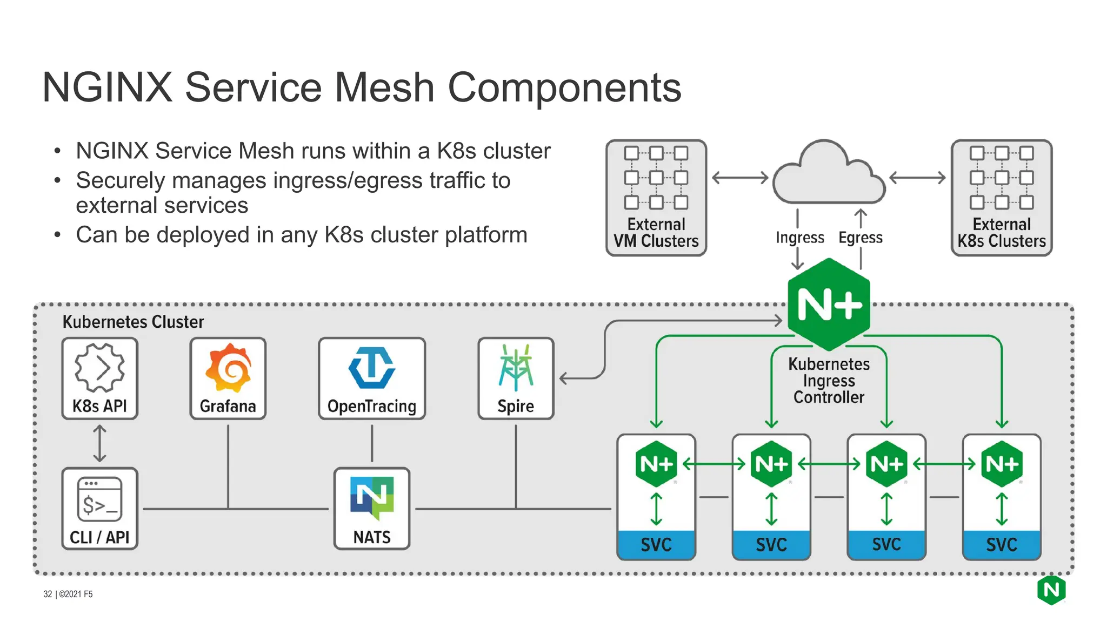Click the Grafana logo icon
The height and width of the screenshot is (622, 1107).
[x=228, y=367]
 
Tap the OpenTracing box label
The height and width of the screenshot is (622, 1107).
[x=372, y=406]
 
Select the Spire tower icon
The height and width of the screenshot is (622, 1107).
[x=516, y=367]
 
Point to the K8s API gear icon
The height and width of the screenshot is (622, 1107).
[x=99, y=368]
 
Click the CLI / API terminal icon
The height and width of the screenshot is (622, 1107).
[x=99, y=499]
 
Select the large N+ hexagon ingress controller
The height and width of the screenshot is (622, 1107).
[x=829, y=305]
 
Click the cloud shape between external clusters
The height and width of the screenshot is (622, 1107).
[x=829, y=175]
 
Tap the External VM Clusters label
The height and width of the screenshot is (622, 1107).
[x=656, y=233]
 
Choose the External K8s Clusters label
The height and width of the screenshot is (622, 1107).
[x=1002, y=233]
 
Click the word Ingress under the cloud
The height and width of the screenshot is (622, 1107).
[x=799, y=238]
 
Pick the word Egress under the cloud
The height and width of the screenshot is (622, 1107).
[x=860, y=238]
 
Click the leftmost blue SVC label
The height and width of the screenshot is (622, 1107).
[x=656, y=544]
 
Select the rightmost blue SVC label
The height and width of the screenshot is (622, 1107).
[x=1002, y=544]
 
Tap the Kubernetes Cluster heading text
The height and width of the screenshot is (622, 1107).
[x=133, y=322]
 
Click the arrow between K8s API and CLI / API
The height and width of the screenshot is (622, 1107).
[x=99, y=443]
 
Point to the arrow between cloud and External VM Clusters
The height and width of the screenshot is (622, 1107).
[x=740, y=178]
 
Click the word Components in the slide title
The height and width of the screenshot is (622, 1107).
[x=564, y=87]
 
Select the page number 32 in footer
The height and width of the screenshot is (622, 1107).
[x=48, y=594]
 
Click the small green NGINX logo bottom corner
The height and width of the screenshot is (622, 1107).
[x=1051, y=590]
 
